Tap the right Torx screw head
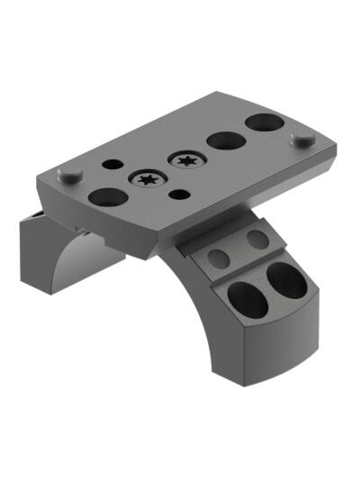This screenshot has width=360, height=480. coord(187,161)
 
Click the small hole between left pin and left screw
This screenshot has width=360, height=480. coord(112,165)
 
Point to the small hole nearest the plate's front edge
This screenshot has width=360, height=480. coord(180,194)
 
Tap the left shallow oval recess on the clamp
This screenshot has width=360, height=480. coord(217,257)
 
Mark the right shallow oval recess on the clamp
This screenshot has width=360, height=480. coord(257,240)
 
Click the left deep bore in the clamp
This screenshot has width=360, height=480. coord(247,299)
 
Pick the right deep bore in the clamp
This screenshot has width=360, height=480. coord(287,280)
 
